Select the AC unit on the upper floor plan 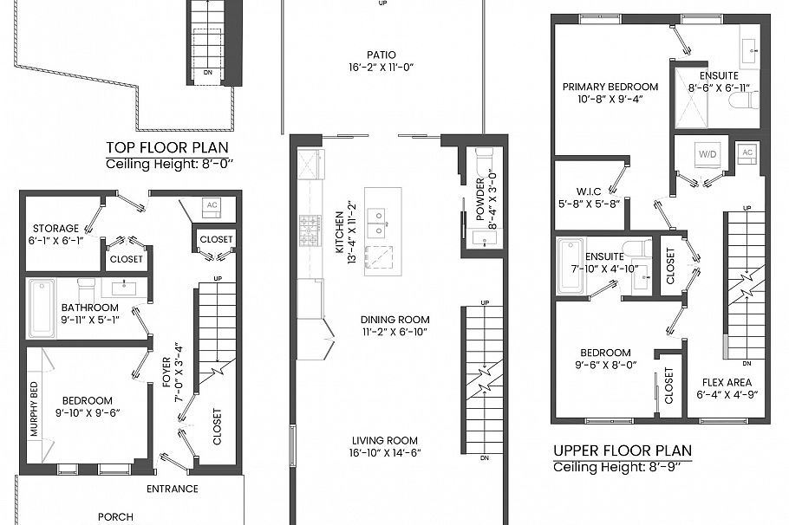747,152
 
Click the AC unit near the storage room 210,206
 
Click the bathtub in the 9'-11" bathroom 42,308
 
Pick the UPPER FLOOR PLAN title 623,450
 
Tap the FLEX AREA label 726,382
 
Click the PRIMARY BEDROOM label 610,87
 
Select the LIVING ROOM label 383,440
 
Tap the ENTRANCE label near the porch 172,489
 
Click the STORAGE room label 55,229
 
